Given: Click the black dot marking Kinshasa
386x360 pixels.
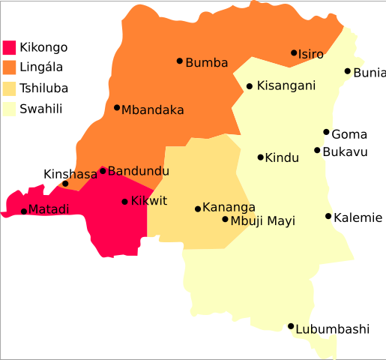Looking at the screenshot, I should (65, 184).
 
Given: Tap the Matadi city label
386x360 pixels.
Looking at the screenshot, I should (49, 210).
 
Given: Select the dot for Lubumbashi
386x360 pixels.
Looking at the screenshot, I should (291, 326).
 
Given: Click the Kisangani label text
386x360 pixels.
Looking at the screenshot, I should (286, 86).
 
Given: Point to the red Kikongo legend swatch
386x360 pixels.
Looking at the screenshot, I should (10, 47).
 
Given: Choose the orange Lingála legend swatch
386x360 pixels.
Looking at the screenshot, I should (10, 67).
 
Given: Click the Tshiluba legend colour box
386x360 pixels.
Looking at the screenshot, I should (10, 88).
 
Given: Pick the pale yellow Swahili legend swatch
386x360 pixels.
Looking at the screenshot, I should (10, 109).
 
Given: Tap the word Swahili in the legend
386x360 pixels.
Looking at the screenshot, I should (41, 109).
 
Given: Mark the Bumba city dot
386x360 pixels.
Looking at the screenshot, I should (180, 61).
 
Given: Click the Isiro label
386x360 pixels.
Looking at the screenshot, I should (311, 54).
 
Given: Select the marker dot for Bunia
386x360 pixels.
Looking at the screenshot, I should (348, 71).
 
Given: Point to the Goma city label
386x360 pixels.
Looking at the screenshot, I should (349, 135).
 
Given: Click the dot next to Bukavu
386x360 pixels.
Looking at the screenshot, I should (318, 151).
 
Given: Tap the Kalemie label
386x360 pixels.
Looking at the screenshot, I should (358, 217).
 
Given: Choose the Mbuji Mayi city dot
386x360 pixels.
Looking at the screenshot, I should (225, 219).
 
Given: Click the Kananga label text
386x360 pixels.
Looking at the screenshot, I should (229, 207).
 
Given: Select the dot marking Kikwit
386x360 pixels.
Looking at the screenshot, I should (125, 201).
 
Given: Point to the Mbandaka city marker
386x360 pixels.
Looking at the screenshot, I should (117, 107).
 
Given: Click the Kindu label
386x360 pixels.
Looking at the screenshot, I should (283, 157).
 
